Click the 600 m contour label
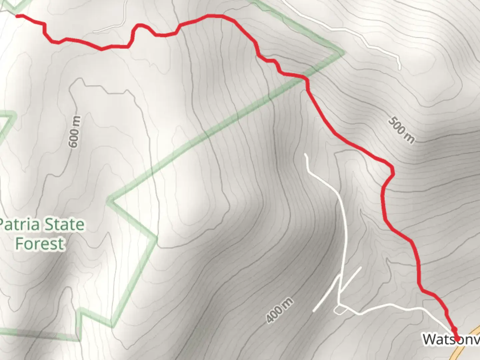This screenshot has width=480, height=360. [x=74, y=132]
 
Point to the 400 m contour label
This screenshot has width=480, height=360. [x=280, y=310]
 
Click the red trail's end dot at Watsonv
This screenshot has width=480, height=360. [x=457, y=339]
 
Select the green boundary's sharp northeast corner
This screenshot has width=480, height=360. [x=342, y=53]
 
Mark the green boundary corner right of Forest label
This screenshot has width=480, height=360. [x=155, y=238]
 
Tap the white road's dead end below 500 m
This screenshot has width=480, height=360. [x=306, y=155]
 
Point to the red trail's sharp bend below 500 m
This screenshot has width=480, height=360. [x=392, y=172]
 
